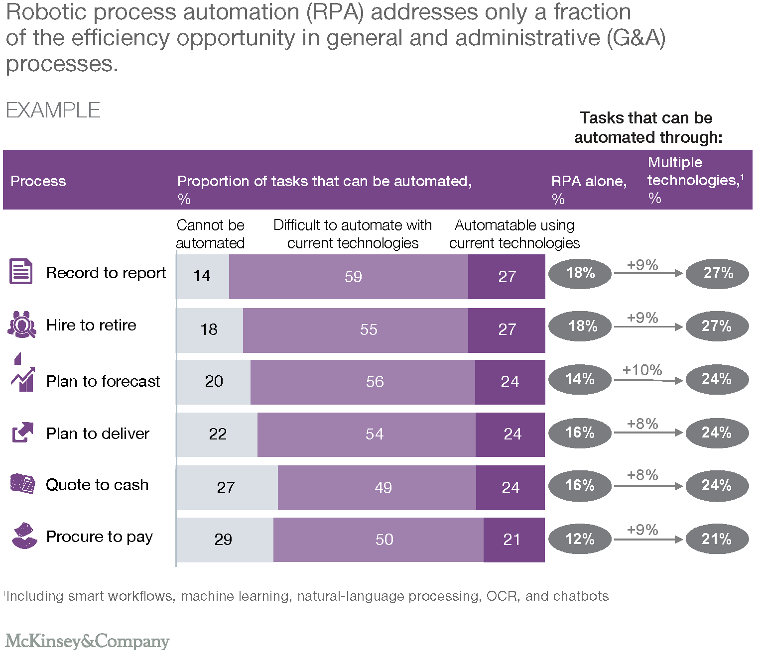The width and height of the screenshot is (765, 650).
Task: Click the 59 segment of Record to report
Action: [x=349, y=277]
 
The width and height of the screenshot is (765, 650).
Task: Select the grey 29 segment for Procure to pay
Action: [x=225, y=540]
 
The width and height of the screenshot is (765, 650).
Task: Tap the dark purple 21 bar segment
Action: [x=513, y=540]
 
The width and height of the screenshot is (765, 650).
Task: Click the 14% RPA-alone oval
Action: [x=580, y=379]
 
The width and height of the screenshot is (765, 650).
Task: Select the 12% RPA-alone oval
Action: [x=580, y=539]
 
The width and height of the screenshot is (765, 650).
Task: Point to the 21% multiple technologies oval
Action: [x=717, y=539]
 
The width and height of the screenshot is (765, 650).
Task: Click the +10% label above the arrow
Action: [x=642, y=370]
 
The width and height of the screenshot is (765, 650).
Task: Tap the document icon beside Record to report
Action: [x=21, y=272]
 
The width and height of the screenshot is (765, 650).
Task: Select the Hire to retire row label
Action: [x=91, y=325]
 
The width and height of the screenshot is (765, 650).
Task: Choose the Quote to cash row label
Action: [x=97, y=485]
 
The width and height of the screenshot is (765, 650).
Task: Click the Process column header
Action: [x=38, y=181]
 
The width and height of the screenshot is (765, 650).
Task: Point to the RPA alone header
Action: [x=588, y=181]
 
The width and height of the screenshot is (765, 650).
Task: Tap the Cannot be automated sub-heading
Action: [x=210, y=234]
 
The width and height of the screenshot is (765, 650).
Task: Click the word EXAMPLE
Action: [x=53, y=110]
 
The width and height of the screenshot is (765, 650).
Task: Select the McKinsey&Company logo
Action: [x=87, y=641]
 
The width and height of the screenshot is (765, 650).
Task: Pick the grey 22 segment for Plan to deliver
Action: [x=217, y=434]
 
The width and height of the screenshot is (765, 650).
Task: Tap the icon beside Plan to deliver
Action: [x=22, y=433]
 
